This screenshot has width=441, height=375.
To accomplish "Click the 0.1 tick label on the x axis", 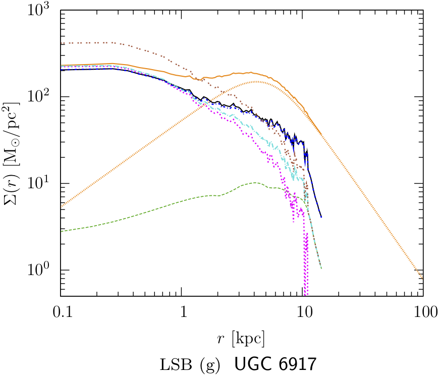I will (x=61, y=312).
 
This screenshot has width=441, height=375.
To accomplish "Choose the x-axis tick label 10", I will (x=303, y=312).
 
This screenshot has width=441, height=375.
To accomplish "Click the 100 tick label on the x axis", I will (x=423, y=312).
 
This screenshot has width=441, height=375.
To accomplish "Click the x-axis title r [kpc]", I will (x=242, y=337).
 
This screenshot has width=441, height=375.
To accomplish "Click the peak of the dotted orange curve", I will (x=256, y=81).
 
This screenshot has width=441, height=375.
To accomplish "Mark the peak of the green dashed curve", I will (x=255, y=183).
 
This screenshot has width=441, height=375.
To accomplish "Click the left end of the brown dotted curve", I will (x=61, y=43).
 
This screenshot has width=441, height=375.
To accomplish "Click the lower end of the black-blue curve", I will (x=321, y=217).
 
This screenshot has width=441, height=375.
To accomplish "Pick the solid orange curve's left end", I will (x=61, y=65).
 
